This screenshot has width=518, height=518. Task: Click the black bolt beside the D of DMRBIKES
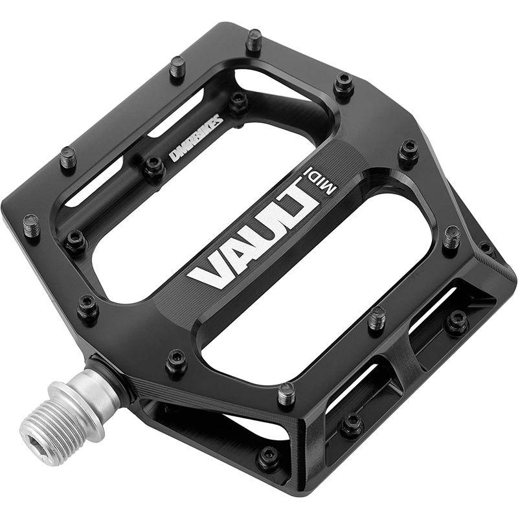154,166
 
